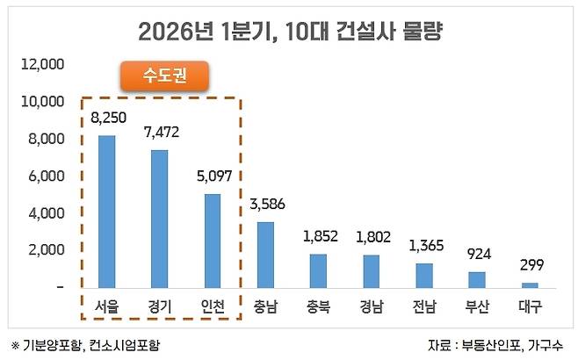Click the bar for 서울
106,211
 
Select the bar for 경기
159,219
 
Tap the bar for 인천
212,241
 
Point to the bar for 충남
265,255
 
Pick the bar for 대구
530,284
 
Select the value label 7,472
159,132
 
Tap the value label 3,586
265,205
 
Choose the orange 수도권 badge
163,76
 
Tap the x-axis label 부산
477,306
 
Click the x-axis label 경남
371,306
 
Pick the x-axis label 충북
318,306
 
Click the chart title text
290,33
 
